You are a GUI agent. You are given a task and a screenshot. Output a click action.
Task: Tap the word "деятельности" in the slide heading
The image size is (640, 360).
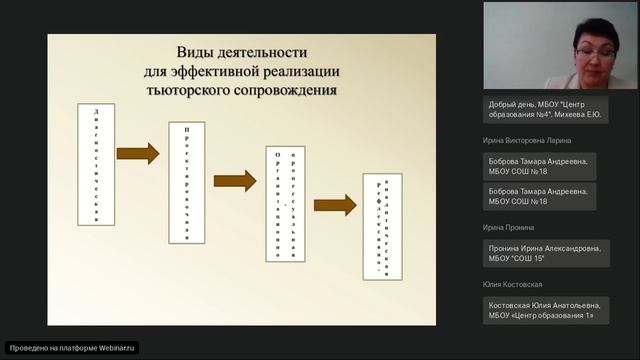(263, 52)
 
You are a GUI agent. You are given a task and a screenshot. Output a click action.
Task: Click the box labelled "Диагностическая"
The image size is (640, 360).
(95, 166)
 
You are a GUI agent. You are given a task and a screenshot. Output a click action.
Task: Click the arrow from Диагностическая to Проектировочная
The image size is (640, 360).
(138, 153)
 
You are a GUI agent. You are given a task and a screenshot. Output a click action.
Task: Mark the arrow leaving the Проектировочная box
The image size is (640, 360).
(235, 181)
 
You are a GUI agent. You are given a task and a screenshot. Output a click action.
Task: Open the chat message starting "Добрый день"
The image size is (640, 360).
(545, 110)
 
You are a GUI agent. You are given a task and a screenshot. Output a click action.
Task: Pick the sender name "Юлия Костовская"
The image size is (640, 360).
(510, 285)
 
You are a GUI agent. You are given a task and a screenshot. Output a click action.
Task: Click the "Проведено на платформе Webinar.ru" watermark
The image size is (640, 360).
(70, 348)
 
